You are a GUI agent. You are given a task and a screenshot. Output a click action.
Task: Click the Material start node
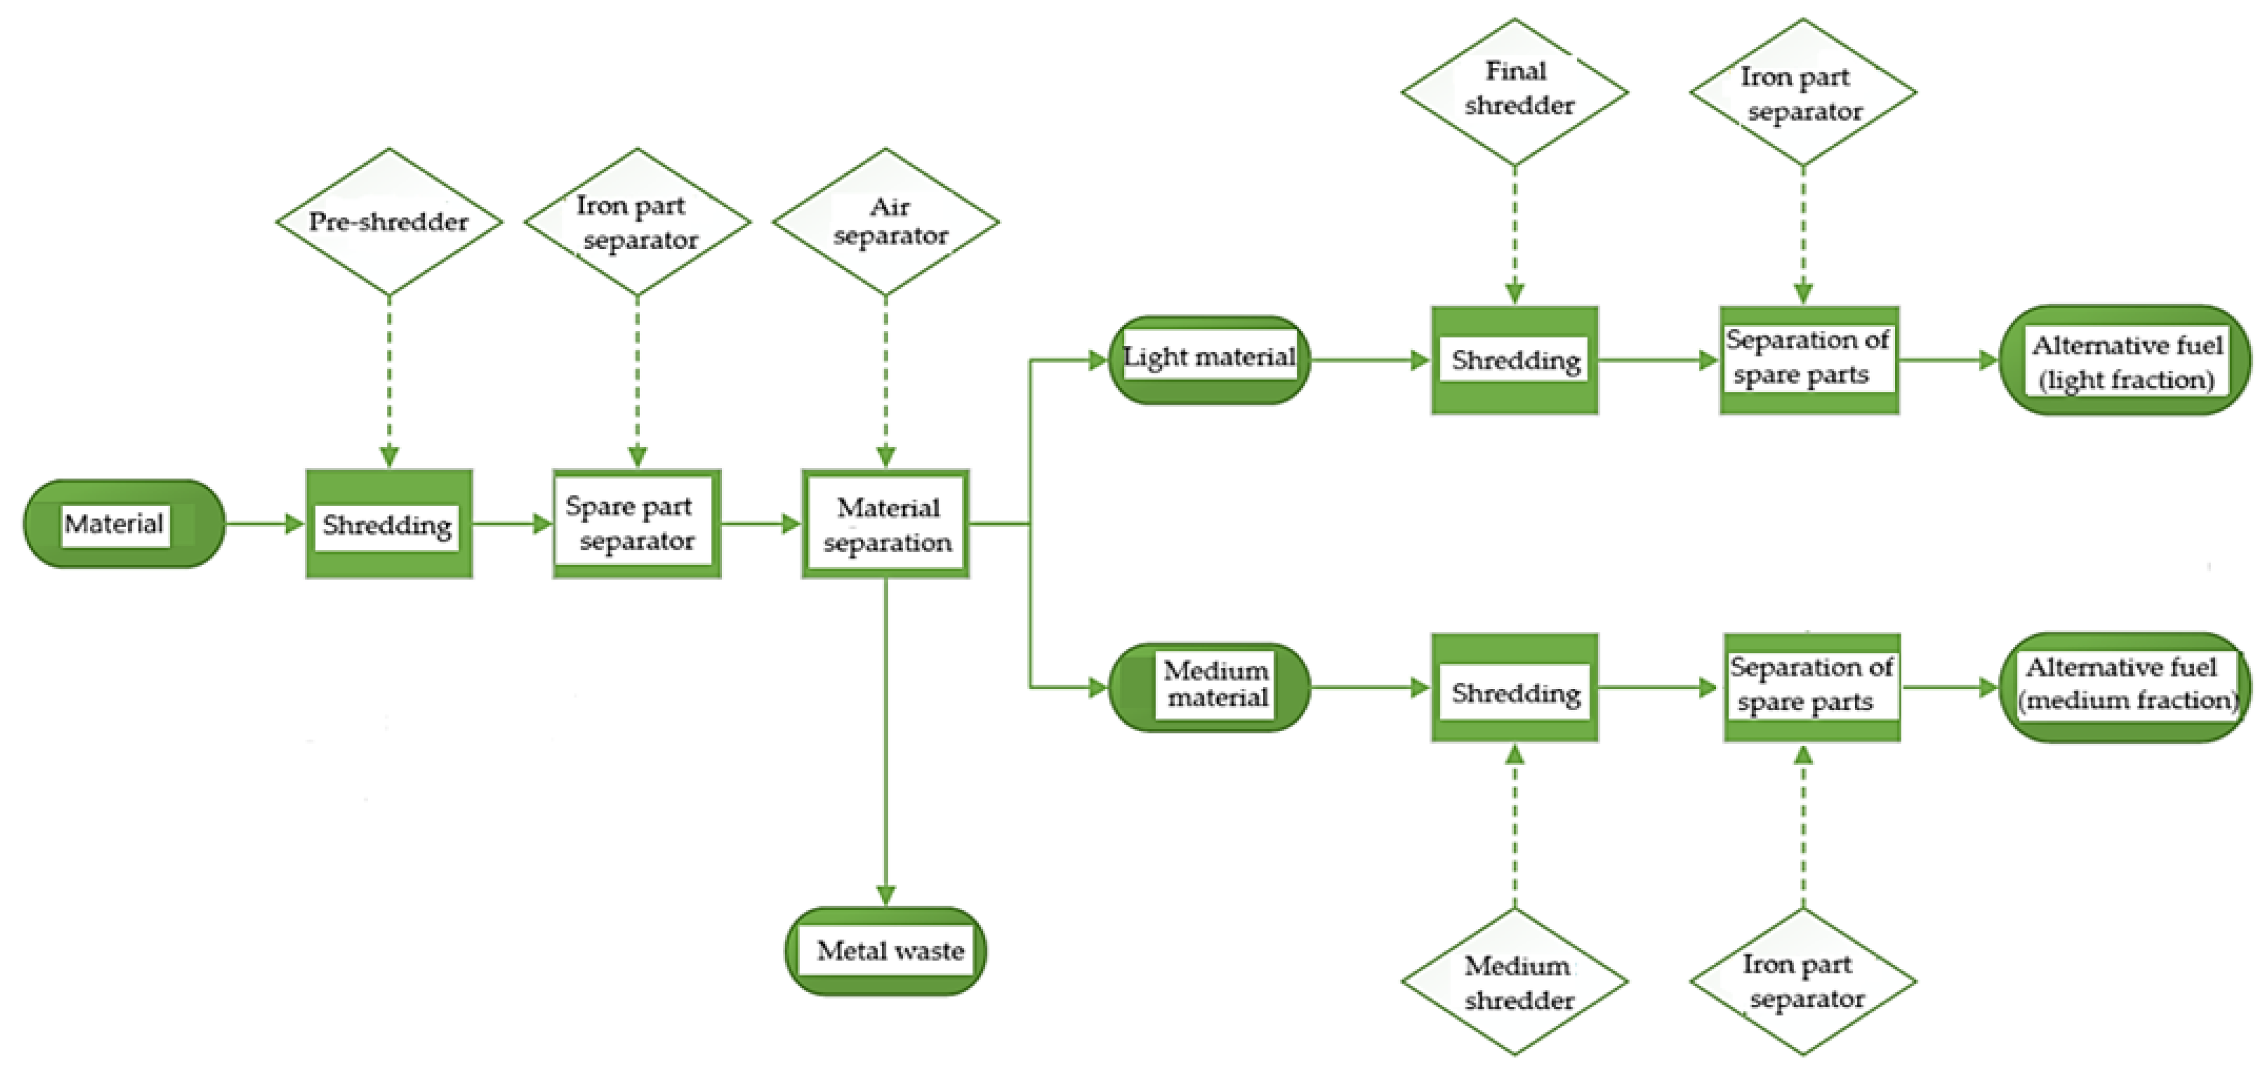coord(123,524)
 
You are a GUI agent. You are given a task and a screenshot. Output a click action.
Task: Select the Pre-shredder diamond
coord(389,221)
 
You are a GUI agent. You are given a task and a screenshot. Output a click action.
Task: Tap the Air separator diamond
coord(885,221)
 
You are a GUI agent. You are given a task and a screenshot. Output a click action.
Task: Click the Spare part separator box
coord(636,524)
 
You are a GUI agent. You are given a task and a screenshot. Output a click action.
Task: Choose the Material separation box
coord(885,524)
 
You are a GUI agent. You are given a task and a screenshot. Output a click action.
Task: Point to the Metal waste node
coord(885,951)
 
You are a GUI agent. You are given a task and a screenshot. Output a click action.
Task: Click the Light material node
coord(1208,359)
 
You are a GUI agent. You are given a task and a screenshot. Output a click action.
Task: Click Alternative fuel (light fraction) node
coord(2125,361)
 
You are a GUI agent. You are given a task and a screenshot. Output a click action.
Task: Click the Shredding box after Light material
coord(1514,360)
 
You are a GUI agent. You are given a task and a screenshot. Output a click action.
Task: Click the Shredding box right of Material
coord(389,524)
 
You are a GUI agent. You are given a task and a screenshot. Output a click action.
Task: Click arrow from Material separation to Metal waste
coord(885,739)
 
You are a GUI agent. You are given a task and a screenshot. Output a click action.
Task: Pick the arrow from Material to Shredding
coord(264,524)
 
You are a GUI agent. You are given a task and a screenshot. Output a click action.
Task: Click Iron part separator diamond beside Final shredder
coord(1803,92)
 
